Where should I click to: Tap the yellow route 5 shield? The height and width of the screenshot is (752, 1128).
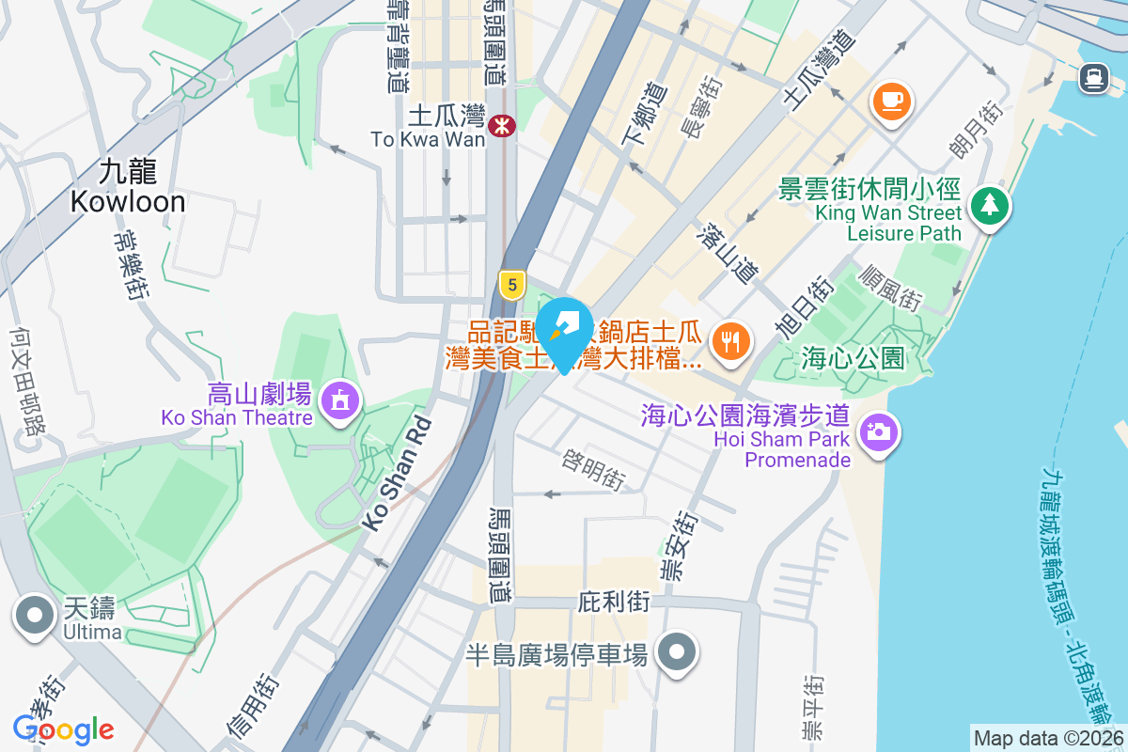tap(511, 284)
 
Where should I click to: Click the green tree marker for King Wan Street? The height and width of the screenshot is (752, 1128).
tap(988, 205)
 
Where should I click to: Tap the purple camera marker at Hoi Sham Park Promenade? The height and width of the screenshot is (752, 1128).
tap(878, 432)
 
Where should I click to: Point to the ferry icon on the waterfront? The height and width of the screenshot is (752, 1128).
tap(1093, 77)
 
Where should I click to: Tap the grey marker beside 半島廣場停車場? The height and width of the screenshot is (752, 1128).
tap(676, 652)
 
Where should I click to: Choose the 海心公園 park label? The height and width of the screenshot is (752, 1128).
tap(854, 358)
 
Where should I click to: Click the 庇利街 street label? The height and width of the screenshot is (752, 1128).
tap(614, 600)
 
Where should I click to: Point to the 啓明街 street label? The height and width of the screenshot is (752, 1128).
tap(593, 467)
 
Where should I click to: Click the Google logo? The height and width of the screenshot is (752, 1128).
tap(63, 729)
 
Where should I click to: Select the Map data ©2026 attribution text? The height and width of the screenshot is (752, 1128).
tap(1048, 738)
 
